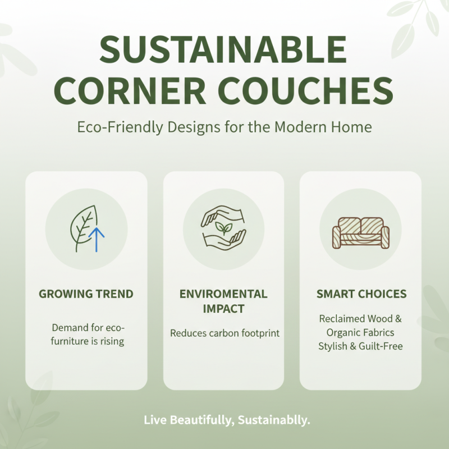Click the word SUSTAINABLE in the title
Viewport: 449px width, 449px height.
[224, 51]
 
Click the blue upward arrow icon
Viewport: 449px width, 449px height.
[97, 238]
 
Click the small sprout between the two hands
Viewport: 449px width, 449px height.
[223, 228]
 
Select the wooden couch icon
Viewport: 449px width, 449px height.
[360, 231]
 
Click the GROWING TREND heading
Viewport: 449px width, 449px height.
[86, 294]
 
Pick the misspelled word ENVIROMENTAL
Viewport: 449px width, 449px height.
[223, 294]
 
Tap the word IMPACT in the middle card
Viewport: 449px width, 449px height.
[223, 309]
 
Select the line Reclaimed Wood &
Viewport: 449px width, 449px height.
[360, 319]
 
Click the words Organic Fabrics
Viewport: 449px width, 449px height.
[360, 332]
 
